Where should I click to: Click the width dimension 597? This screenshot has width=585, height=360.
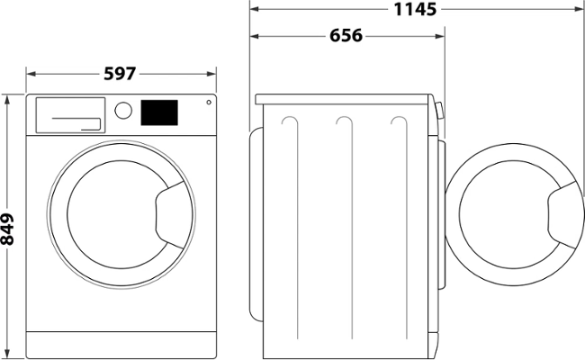(x=121, y=74)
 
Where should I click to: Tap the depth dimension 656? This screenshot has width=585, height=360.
(x=346, y=36)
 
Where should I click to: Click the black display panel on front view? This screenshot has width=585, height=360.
(x=159, y=112)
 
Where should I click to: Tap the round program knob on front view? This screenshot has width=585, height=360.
(x=125, y=111)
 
